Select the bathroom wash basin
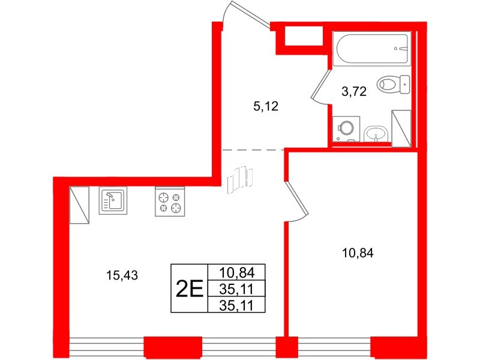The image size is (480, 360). tap(376, 133)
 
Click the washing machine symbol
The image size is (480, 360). tap(346, 127)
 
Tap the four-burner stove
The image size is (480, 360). tap(170, 202)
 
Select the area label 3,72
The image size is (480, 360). tap(353, 92)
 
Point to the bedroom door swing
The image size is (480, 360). tap(297, 201)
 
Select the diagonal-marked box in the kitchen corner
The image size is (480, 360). tap(79, 204)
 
